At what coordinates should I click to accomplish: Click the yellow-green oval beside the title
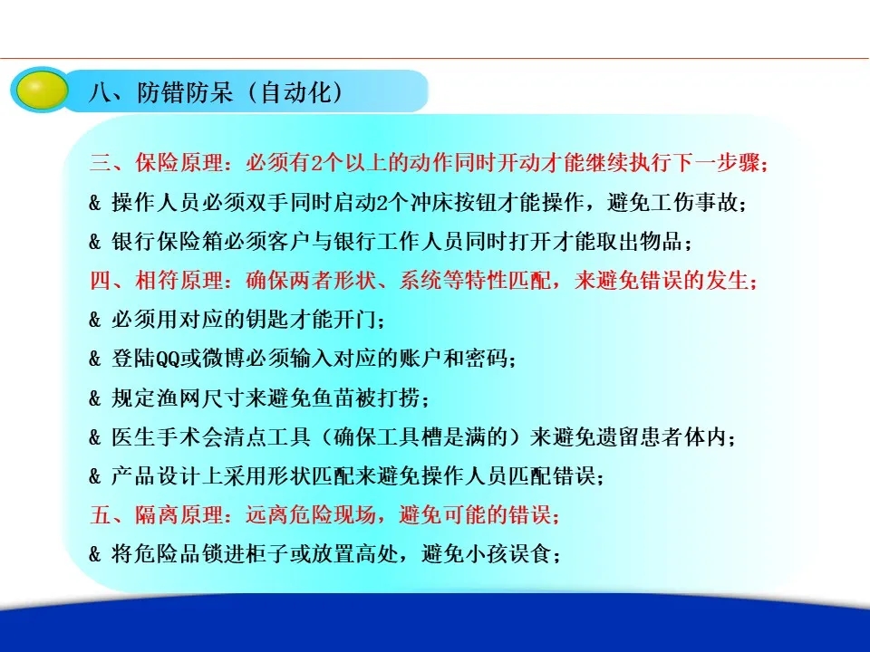pyautogui.click(x=42, y=91)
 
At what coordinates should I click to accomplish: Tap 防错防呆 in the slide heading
pyautogui.click(x=185, y=92)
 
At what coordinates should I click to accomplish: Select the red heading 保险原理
pyautogui.click(x=179, y=163)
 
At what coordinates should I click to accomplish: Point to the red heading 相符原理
pyautogui.click(x=179, y=281)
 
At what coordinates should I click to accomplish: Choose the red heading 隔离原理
pyautogui.click(x=179, y=515)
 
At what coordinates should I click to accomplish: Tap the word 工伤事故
pyautogui.click(x=695, y=202)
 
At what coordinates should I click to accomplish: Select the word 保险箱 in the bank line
pyautogui.click(x=189, y=242)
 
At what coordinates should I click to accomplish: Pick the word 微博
pyautogui.click(x=224, y=360)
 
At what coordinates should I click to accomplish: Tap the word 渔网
pyautogui.click(x=178, y=398)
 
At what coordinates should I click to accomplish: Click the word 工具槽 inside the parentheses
pyautogui.click(x=410, y=437)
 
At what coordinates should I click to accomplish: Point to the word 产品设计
pyautogui.click(x=155, y=476)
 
